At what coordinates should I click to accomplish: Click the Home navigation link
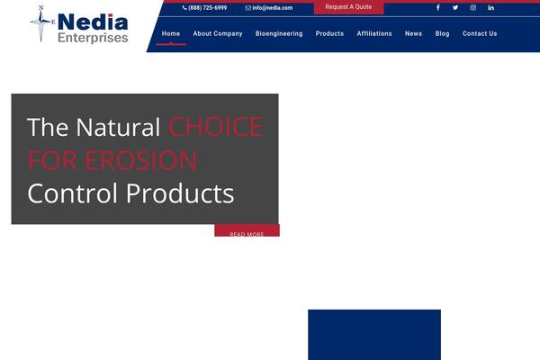171,33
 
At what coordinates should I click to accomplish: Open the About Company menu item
218,33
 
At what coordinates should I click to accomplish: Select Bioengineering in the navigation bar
279,33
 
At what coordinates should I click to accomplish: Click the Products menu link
329,33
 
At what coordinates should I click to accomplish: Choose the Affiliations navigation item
374,33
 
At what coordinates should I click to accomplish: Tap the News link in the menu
413,33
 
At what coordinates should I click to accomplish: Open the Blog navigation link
442,33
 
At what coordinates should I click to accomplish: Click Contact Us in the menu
480,33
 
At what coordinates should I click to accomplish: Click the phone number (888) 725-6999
205,7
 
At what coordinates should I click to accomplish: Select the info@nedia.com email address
269,7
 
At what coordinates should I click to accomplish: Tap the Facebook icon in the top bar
438,7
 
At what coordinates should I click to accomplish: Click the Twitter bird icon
455,7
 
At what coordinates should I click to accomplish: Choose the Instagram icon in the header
473,7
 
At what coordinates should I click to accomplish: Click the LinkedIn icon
490,7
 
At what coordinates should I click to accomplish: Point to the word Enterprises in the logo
93,38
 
